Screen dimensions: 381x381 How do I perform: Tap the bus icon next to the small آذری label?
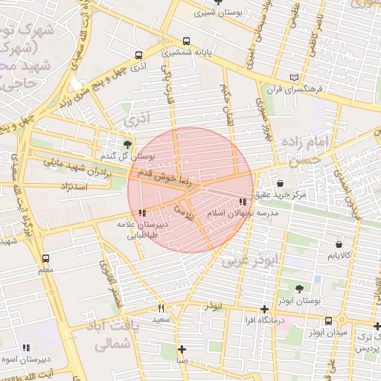point(139,55)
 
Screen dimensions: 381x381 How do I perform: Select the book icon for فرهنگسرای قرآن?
point(295,77)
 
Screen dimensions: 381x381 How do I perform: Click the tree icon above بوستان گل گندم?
point(128,144)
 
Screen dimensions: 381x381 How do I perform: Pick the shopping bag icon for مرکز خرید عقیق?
point(280,183)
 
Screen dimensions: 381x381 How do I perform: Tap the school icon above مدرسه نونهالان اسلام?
point(243,202)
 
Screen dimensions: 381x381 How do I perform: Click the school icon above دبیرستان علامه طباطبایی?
point(142,213)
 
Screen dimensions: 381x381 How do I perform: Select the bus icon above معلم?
point(46,258)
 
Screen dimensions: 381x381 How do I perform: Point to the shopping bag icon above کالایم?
point(339,243)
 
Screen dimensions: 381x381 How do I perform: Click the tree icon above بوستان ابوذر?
point(299,289)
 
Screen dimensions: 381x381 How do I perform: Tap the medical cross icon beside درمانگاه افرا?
point(264,309)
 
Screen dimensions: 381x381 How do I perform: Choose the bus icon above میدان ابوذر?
point(329,321)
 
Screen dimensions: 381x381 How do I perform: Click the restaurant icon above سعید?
point(161,308)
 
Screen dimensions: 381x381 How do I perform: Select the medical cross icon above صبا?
point(182,348)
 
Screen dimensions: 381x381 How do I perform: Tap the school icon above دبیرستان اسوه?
point(26,347)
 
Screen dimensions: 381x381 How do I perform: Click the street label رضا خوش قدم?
point(171,179)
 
